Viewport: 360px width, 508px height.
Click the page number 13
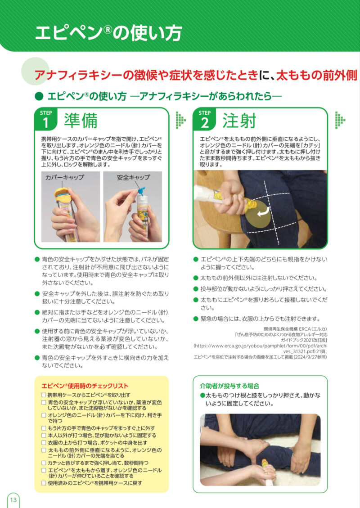[x=13, y=499]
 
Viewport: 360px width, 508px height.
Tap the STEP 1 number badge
[x=46, y=119]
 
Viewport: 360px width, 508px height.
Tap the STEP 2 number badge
[x=204, y=119]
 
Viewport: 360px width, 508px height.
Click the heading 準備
[x=81, y=121]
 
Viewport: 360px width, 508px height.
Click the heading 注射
[x=239, y=121]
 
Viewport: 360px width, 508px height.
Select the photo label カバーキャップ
[x=64, y=177]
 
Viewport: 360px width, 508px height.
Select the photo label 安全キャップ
[x=134, y=177]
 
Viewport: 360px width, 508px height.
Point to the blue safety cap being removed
[x=141, y=191]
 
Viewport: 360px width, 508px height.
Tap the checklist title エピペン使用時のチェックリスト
[x=85, y=386]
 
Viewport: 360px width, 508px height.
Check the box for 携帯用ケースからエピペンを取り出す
[x=44, y=395]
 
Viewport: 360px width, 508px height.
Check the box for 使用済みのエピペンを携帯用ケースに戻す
[x=44, y=483]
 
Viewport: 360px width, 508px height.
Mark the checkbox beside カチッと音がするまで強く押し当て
[x=44, y=463]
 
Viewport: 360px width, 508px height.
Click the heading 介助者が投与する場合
[x=229, y=386]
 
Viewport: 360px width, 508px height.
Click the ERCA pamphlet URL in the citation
[x=261, y=348]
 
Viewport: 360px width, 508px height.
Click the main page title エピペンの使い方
[x=108, y=33]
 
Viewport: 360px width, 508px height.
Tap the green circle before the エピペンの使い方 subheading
[x=39, y=96]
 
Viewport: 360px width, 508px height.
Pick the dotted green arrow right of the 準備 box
[x=181, y=120]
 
